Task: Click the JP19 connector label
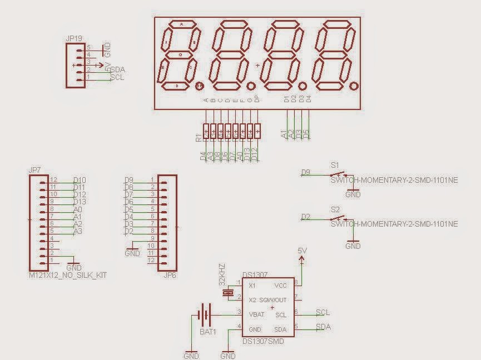[x=74, y=39]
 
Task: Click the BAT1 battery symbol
[x=206, y=316]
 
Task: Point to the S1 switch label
[x=335, y=165]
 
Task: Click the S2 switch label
[x=335, y=209]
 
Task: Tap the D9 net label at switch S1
[x=305, y=172]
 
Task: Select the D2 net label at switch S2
[x=305, y=217]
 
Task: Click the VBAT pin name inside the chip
[x=257, y=314]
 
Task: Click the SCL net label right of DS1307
[x=323, y=312]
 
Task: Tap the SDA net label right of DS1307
[x=323, y=327]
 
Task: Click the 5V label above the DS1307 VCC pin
[x=302, y=251]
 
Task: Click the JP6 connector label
[x=170, y=274]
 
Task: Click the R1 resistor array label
[x=199, y=137]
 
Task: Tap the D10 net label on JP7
[x=80, y=180]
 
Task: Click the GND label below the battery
[x=191, y=355]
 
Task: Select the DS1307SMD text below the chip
[x=263, y=341]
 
